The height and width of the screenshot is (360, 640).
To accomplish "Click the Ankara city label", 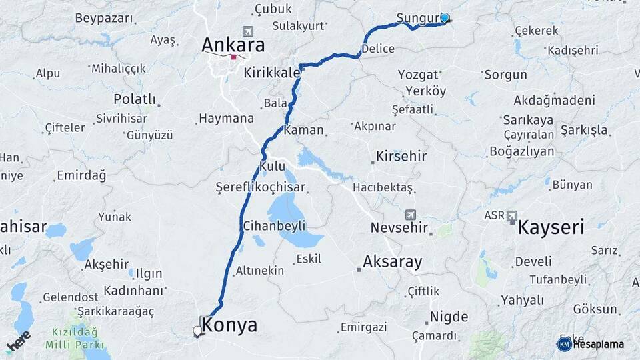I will coord(233,45).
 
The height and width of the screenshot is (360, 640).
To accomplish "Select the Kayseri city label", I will coord(551,227).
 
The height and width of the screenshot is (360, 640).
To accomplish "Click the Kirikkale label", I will coord(271,72).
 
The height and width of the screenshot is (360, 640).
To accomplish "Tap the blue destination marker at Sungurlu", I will coord(445,18).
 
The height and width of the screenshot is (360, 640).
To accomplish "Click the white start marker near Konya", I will coord(197,331).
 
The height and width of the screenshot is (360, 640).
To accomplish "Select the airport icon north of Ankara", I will coord(249,31).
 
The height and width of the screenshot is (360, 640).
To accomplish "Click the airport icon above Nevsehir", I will coord(410,215).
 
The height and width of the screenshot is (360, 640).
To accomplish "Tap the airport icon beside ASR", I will coord(512,215).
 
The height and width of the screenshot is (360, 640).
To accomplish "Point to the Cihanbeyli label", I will coord(274,225).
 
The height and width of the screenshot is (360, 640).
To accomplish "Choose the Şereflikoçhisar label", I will coord(261,187).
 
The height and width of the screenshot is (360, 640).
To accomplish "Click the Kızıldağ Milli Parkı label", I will coord(74,339).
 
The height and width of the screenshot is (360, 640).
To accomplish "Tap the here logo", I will coord(18,341).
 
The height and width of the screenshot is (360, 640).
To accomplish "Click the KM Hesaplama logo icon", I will coord(564,344).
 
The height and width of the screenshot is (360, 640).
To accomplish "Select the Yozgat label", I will coord(418,75).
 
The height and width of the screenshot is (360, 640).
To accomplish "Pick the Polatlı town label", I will coord(134,99).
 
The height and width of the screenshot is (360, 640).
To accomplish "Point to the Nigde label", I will coord(449,317).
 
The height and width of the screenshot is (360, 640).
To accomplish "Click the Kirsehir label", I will coord(401,157).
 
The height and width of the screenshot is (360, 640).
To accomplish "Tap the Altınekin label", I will coord(259,271).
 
